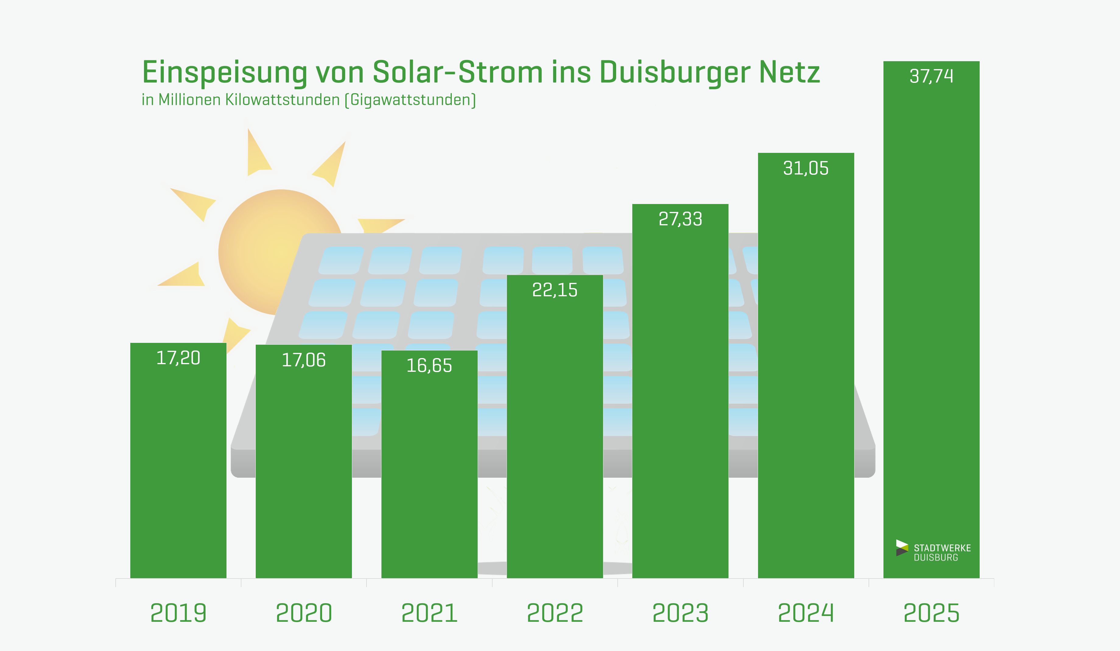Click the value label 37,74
[931, 76]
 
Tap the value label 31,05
[806, 168]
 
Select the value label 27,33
[680, 219]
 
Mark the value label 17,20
[178, 358]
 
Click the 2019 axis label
[178, 613]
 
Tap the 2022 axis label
[555, 613]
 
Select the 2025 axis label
[931, 613]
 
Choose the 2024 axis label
[806, 613]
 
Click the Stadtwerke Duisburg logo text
[942, 552]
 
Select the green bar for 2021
[429, 476]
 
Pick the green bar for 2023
[680, 400]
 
